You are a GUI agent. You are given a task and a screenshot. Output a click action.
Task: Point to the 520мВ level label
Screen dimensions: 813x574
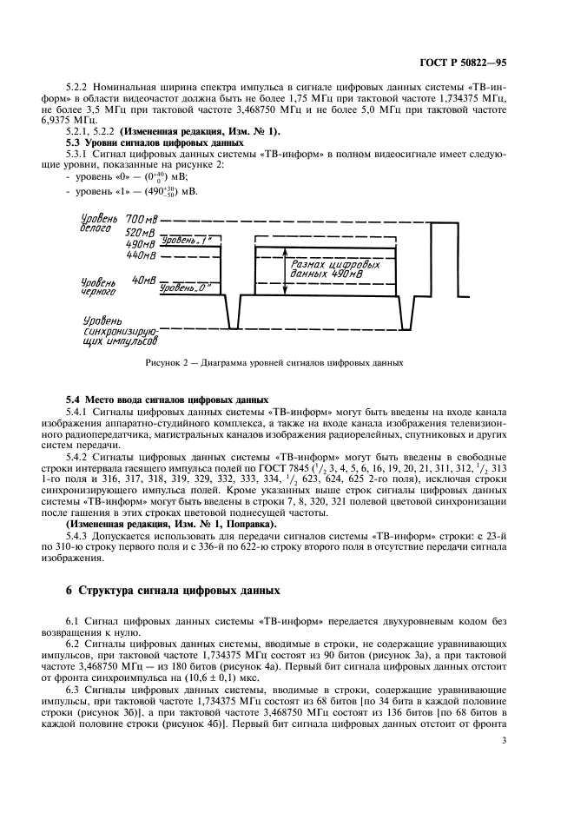click(140, 234)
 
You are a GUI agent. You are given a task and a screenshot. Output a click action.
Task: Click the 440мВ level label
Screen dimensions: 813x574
click(140, 255)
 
